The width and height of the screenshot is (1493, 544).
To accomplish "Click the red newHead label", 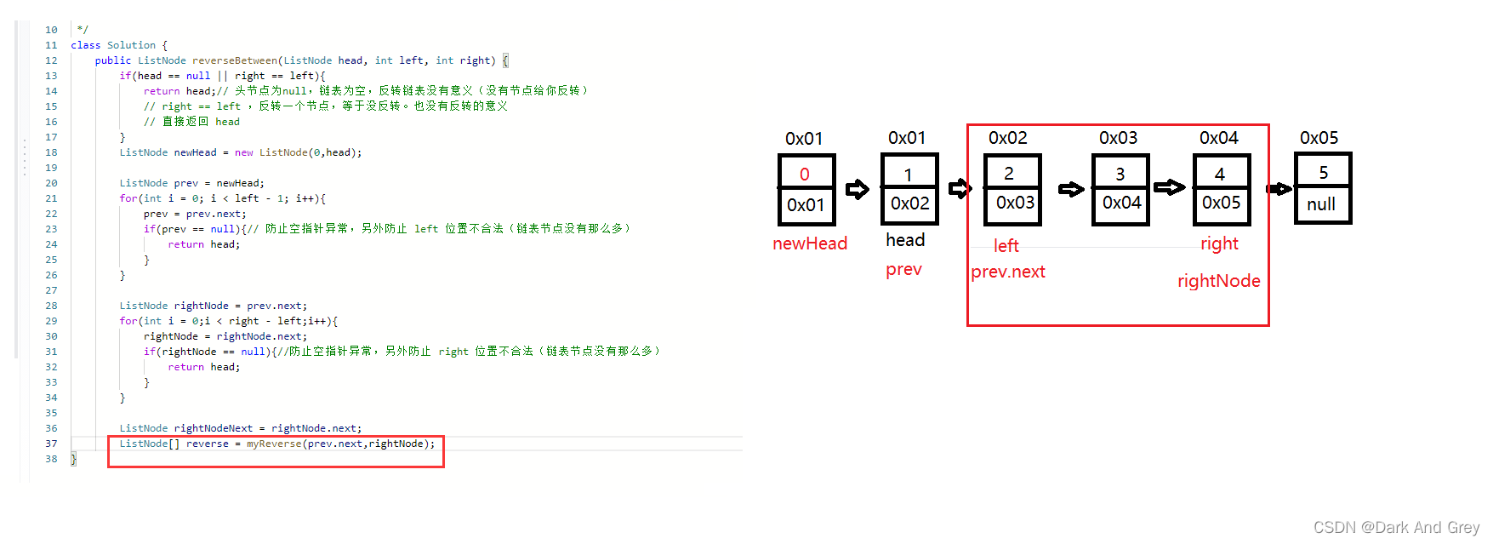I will click(x=809, y=243).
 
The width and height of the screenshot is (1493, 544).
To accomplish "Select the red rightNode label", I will click(x=1218, y=281).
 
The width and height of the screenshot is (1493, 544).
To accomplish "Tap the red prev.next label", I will click(x=1008, y=272).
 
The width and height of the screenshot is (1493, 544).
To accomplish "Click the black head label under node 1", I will click(x=904, y=240).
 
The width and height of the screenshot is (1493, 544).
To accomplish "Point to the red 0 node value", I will click(x=804, y=175).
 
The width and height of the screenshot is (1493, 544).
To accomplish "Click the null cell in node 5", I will click(x=1321, y=204).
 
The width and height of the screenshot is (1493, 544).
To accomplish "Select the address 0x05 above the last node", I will click(x=1319, y=138).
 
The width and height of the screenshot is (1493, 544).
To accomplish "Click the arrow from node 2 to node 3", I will click(x=1070, y=189).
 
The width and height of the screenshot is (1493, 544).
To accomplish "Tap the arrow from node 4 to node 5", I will click(x=1279, y=189).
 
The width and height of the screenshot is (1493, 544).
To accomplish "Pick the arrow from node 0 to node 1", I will click(x=857, y=189).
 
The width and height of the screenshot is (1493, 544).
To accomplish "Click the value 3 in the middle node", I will click(x=1120, y=175).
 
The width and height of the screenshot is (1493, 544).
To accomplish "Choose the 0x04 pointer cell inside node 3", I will click(x=1121, y=203).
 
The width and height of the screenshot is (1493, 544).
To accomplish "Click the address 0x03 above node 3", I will click(x=1118, y=138).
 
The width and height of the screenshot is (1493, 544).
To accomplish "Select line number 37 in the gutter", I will click(x=51, y=444).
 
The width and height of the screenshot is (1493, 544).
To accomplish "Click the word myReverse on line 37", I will click(x=274, y=444).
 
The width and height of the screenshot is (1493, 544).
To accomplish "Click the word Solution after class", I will click(x=131, y=45).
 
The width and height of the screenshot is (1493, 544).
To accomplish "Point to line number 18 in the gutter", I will click(x=51, y=152).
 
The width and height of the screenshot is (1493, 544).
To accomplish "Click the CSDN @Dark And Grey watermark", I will click(x=1396, y=528).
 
